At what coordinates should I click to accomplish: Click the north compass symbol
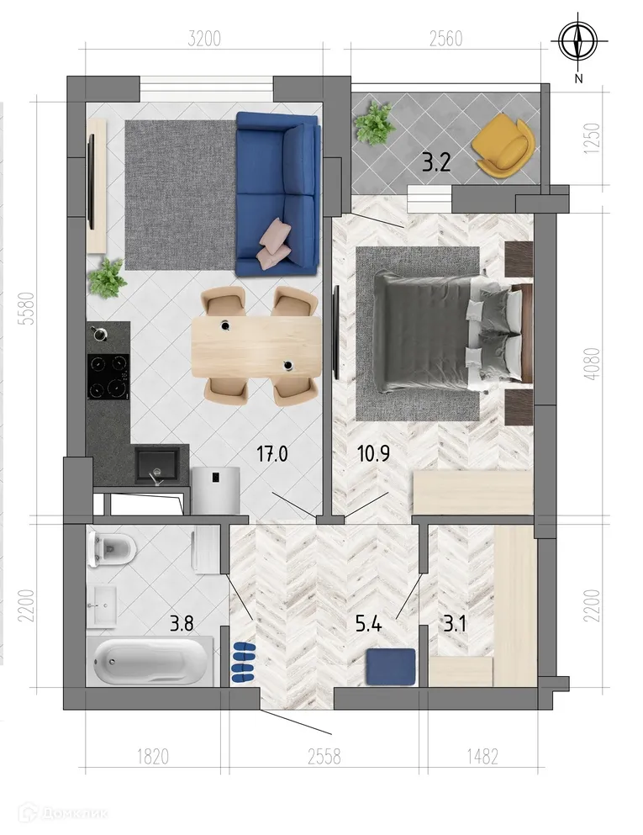tap(577, 40)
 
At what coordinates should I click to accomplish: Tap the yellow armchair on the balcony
tap(503, 146)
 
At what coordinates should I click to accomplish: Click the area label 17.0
tap(271, 455)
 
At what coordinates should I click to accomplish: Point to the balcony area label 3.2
tap(436, 162)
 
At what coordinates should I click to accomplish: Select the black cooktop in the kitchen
tap(108, 376)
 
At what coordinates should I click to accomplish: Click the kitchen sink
tap(157, 466)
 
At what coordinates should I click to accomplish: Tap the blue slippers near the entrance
tap(243, 661)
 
